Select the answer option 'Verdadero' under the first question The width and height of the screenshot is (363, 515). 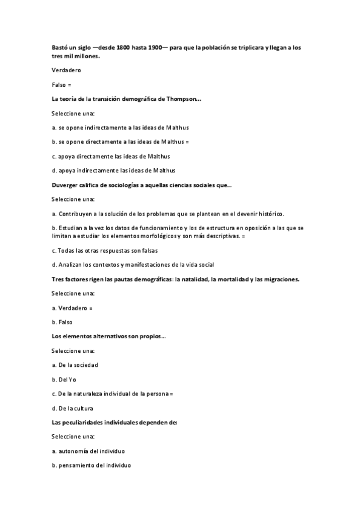tap(66, 70)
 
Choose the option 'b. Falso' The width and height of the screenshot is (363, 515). tap(62, 322)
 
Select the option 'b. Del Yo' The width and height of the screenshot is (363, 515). tap(64, 379)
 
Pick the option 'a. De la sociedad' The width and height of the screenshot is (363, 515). tap(75, 365)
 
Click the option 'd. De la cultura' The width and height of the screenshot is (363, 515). tap(73, 408)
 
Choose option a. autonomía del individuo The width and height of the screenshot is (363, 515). tap(88, 451)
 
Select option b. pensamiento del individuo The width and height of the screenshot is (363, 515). tap(91, 465)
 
